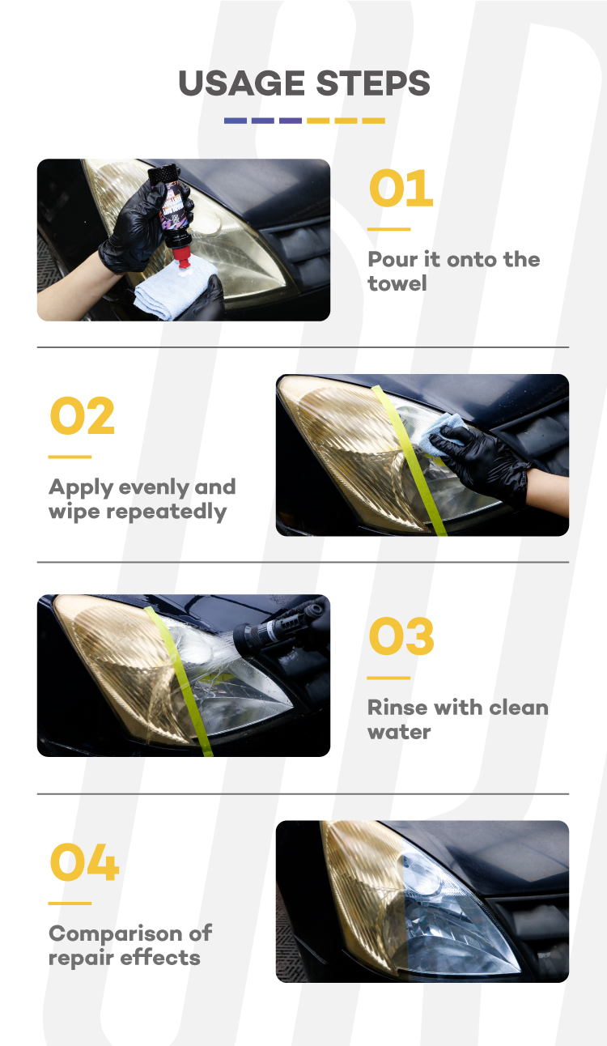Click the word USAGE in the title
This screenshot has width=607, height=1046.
click(241, 83)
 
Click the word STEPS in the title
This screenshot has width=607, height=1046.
click(372, 83)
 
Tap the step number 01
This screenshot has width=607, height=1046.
click(401, 188)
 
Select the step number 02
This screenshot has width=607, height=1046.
click(82, 415)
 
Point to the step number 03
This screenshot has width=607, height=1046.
click(401, 636)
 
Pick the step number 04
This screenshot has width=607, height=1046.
click(84, 862)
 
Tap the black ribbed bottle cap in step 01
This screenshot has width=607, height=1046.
click(163, 172)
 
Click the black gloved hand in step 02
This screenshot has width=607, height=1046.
click(481, 462)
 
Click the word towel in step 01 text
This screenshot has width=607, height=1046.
click(397, 283)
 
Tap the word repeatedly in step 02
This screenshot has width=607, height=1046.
click(166, 512)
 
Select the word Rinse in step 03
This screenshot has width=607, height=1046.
click(397, 708)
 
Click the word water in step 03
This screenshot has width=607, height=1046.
click(399, 732)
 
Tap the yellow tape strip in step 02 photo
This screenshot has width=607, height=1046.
click(409, 460)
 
